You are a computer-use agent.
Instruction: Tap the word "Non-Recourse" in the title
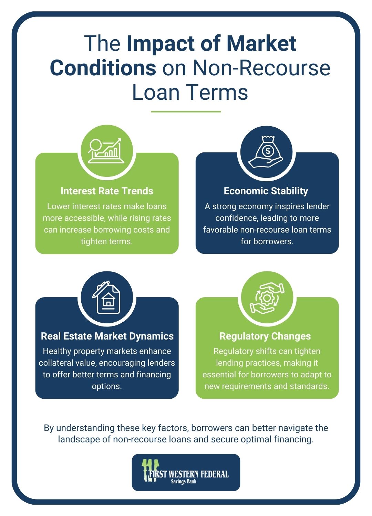point(261,68)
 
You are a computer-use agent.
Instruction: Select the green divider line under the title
point(186,111)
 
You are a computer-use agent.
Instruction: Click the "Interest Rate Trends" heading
point(107,191)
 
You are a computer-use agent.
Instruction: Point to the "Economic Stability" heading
point(266,191)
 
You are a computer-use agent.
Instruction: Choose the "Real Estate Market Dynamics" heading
point(107,336)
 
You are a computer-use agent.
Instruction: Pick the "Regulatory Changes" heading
point(265,336)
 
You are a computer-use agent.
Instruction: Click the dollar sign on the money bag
point(268,151)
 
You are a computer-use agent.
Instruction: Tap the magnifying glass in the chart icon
point(95,146)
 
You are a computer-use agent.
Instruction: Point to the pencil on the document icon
point(101,289)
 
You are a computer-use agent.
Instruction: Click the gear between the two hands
point(267,298)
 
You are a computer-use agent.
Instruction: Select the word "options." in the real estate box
point(107,386)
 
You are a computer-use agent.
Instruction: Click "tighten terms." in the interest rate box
point(107,241)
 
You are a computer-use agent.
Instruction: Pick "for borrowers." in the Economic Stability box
point(267,241)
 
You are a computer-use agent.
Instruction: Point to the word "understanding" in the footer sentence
point(85,428)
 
